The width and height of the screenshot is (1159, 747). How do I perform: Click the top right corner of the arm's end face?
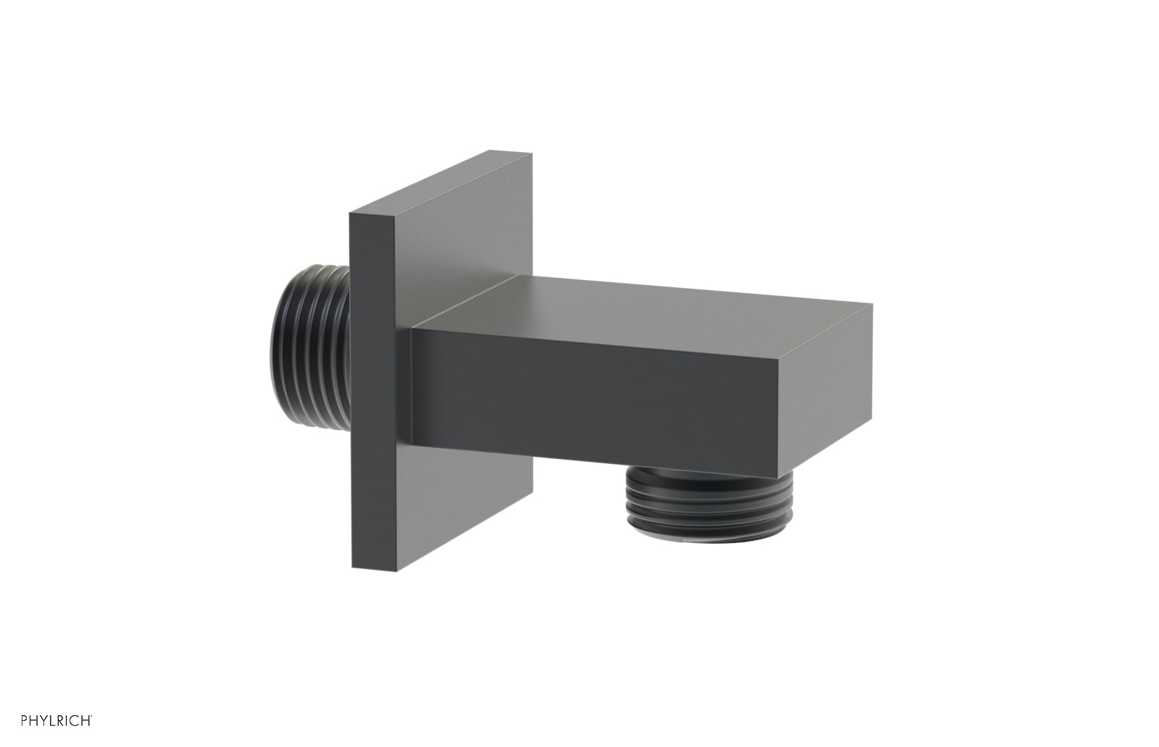tap(871, 305)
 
